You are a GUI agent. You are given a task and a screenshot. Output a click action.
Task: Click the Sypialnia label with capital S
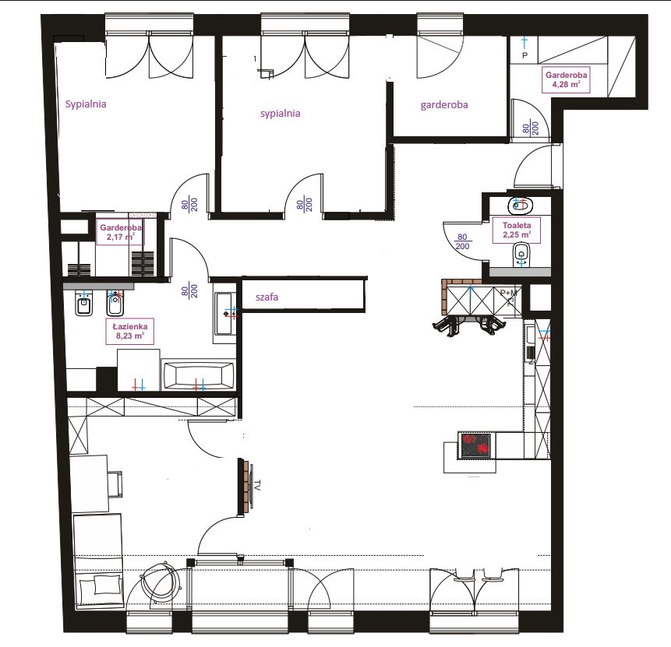[x=86, y=104]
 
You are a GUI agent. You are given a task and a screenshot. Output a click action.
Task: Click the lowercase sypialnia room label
[x=280, y=114]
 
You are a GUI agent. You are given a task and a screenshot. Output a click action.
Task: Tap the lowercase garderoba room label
[x=443, y=105]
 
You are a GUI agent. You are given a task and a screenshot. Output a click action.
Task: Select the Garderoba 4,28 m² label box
[x=566, y=79]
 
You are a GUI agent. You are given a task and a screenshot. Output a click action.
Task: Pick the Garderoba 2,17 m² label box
[x=120, y=232]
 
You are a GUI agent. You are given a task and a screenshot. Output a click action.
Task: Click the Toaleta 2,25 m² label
[x=517, y=230]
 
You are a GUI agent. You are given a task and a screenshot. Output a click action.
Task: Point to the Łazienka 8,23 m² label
[x=129, y=331]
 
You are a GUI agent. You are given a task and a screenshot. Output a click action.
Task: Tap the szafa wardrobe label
[x=267, y=297]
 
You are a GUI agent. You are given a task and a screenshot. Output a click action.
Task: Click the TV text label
[x=257, y=485]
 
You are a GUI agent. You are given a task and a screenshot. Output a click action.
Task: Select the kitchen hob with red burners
[x=475, y=445]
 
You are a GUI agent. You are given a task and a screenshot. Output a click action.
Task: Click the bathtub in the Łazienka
[x=198, y=376]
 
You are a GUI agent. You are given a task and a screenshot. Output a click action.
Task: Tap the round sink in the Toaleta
[x=520, y=206]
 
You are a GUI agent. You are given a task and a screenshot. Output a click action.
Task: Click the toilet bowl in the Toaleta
[x=521, y=255]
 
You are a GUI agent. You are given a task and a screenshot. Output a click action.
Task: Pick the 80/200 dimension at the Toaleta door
[x=462, y=241]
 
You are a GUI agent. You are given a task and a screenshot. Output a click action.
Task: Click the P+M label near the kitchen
[x=508, y=293]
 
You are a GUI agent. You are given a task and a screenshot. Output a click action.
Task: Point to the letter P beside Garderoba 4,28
[x=524, y=55]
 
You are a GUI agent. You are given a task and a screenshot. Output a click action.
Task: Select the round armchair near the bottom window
[x=162, y=585]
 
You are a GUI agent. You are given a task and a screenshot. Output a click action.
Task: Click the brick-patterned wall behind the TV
[x=245, y=487]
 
